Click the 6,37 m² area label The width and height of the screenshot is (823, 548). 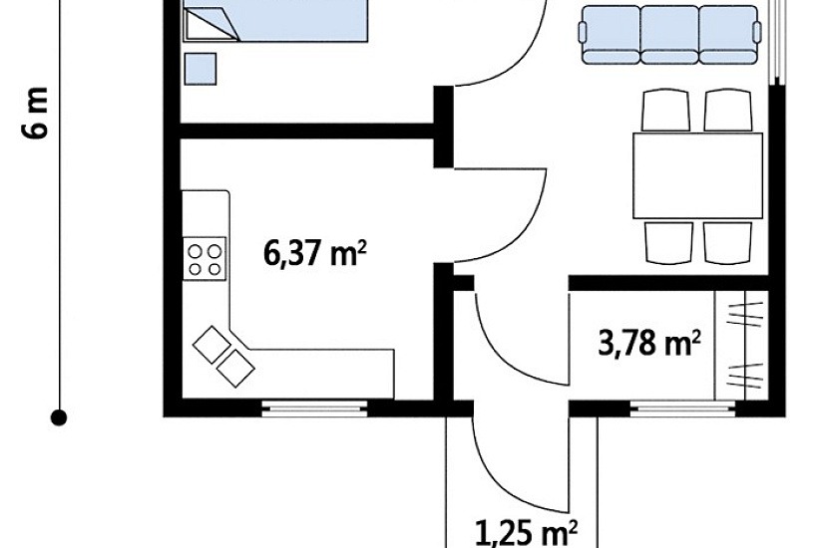(x=314, y=254)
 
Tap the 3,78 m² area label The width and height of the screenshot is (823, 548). (x=649, y=344)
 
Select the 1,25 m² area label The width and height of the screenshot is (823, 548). (x=527, y=533)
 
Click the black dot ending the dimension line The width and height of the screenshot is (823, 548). (x=59, y=417)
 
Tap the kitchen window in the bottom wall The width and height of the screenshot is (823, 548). (x=314, y=408)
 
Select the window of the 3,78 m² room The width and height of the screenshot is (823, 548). (x=683, y=408)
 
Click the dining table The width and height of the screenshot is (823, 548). (x=698, y=175)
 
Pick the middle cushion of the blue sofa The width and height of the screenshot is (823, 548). (x=669, y=35)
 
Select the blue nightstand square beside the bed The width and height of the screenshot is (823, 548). (x=200, y=69)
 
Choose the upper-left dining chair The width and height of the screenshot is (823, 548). (x=665, y=111)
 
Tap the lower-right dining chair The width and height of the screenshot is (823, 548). (x=727, y=243)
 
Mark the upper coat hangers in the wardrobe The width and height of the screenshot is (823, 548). (x=744, y=314)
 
